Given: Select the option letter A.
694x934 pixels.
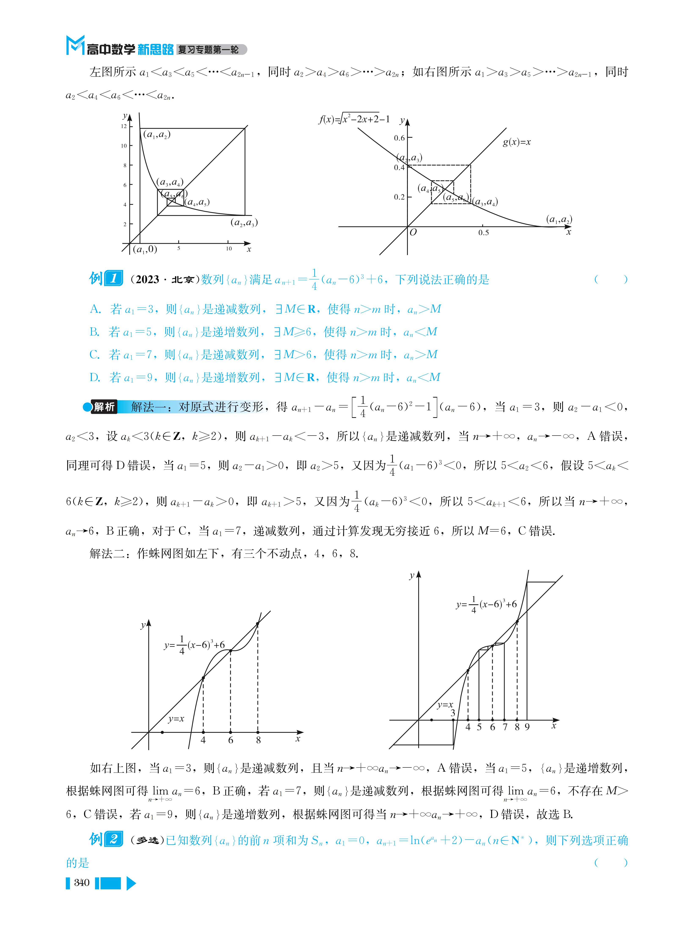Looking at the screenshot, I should tap(95, 309).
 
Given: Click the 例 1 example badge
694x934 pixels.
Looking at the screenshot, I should tap(106, 279).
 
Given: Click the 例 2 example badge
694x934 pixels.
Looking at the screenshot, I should tap(106, 839).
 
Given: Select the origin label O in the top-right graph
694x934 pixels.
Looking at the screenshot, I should tap(413, 232).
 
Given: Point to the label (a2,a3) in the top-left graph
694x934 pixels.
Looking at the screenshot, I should tap(244, 223).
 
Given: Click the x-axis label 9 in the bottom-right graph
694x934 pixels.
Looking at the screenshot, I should tap(527, 727).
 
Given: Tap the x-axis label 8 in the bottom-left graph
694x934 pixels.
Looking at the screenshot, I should tap(258, 740).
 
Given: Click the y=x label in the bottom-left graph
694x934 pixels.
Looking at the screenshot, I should tap(176, 719).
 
